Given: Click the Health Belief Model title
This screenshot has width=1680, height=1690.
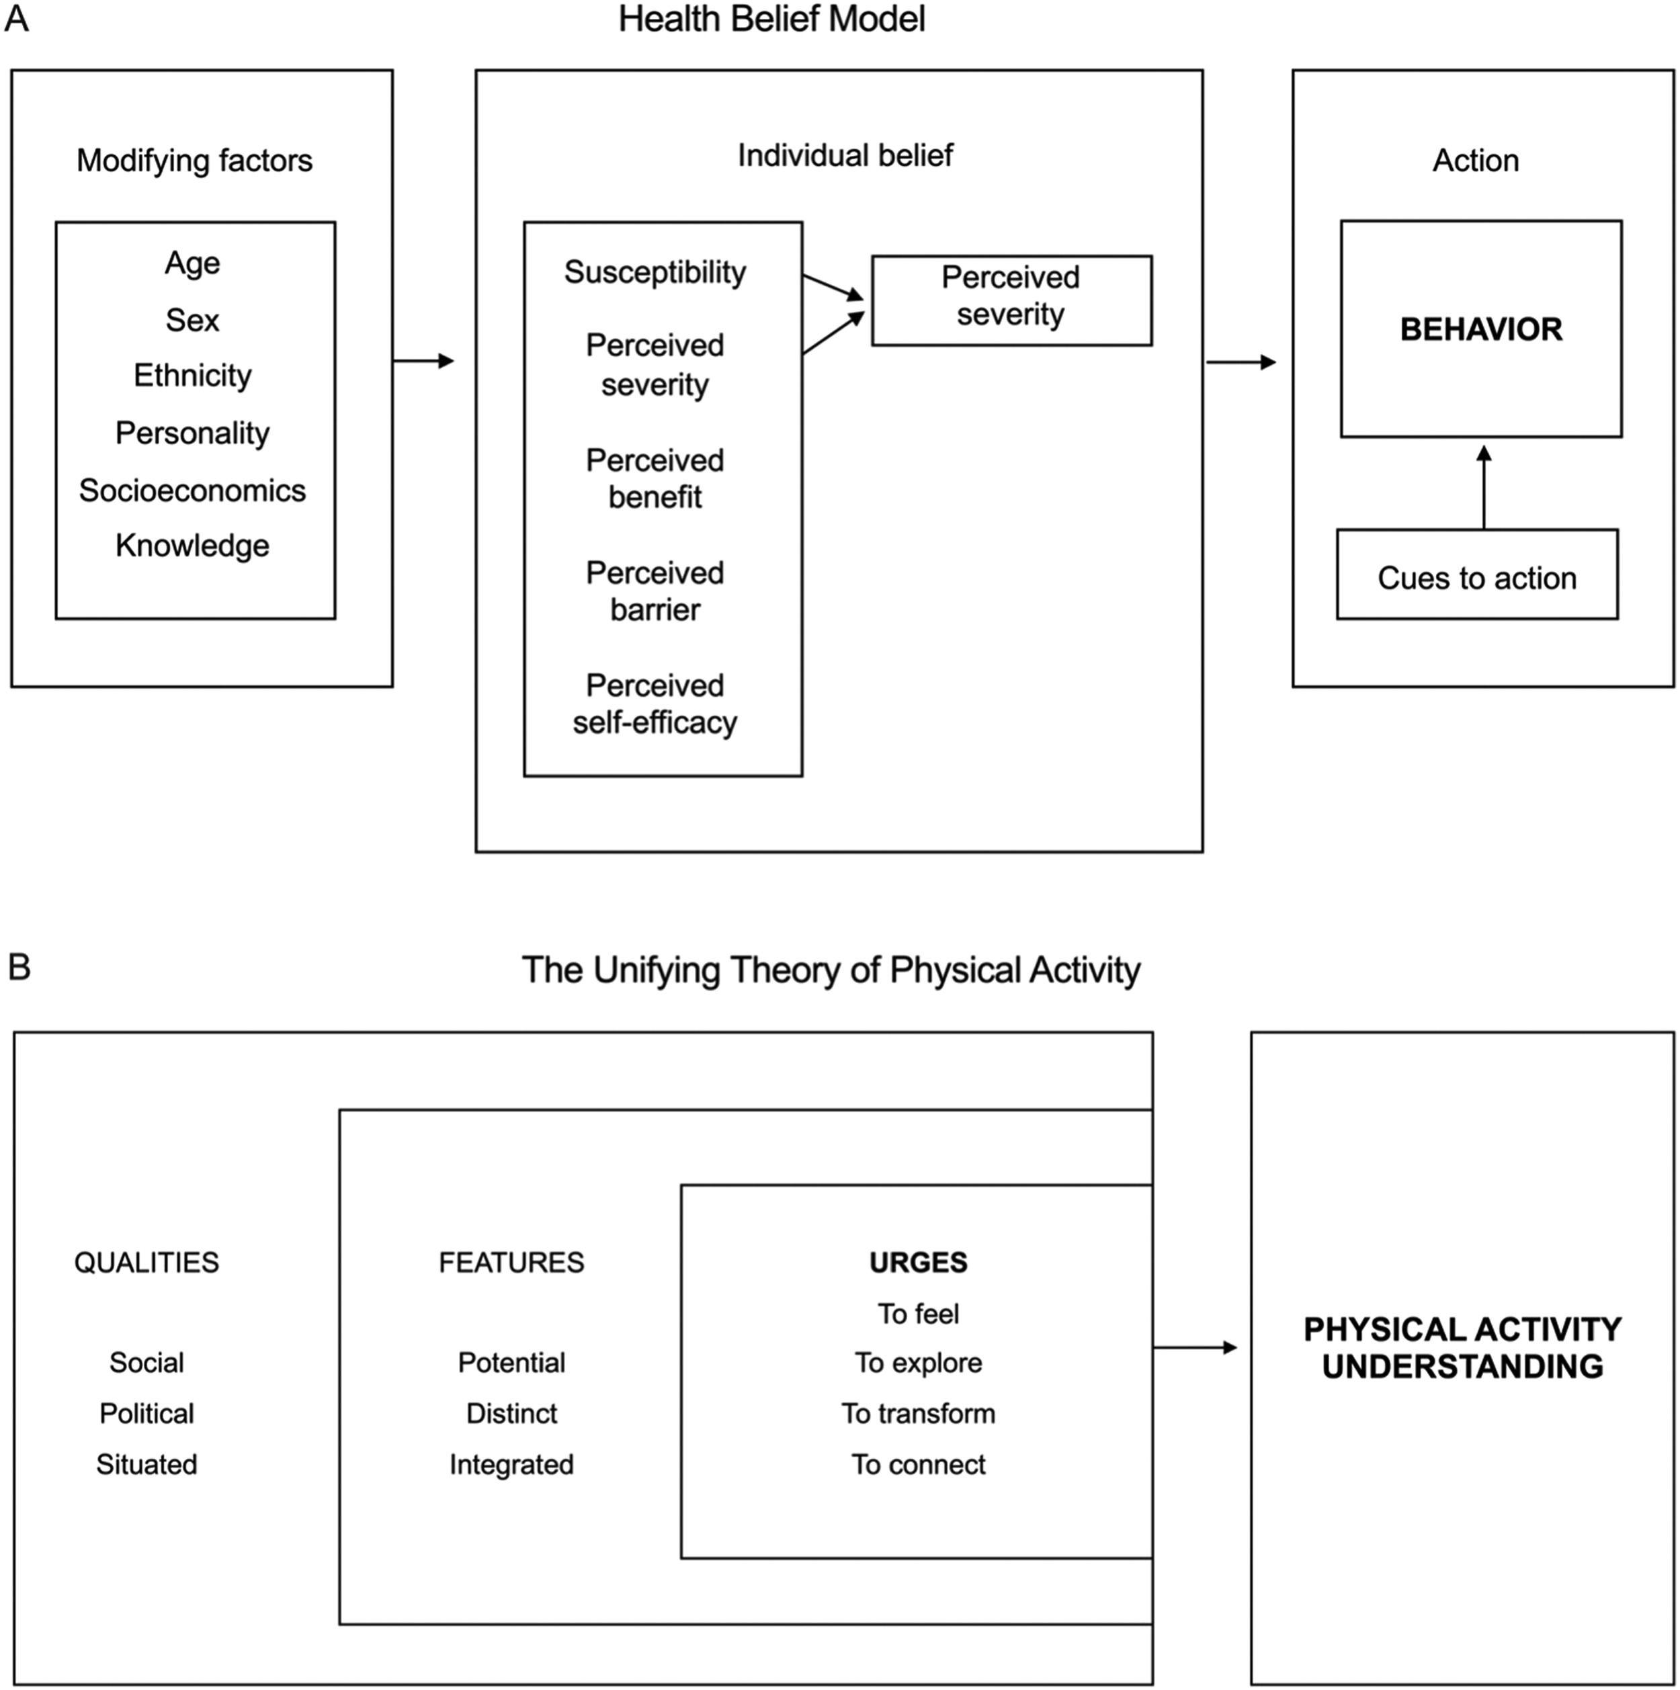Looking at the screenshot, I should coord(771,19).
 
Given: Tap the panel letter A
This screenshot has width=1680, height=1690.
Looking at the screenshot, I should coord(17,18).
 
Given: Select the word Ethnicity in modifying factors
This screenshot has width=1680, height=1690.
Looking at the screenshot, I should coord(192,375).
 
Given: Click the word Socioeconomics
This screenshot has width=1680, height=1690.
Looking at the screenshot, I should coord(192,490).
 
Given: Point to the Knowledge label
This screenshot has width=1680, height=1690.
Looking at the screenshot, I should coord(192,545).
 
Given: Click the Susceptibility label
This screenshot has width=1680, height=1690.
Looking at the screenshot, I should coord(655,272).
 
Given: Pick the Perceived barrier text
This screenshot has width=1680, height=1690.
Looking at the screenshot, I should coord(655,591).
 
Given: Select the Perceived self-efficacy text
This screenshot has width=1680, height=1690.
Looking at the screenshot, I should coord(655,704).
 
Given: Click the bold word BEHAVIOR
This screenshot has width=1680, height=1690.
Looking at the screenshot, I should coord(1480,329).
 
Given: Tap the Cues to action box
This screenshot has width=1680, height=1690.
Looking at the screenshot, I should coord(1477,577).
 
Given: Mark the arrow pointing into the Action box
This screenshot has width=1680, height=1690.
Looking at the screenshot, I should coord(1241,362).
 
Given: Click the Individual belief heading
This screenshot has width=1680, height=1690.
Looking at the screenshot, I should coord(845,156).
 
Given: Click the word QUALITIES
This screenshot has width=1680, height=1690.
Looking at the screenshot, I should coord(146,1262).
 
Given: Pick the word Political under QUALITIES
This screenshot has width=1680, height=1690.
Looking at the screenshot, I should coord(146,1414).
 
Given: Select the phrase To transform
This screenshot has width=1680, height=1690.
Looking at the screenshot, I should coord(918,1414).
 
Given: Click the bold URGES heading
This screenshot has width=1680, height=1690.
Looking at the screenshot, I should coord(918,1262).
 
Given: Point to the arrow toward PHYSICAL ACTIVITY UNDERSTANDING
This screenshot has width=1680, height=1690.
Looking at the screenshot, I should coord(1194,1348).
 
